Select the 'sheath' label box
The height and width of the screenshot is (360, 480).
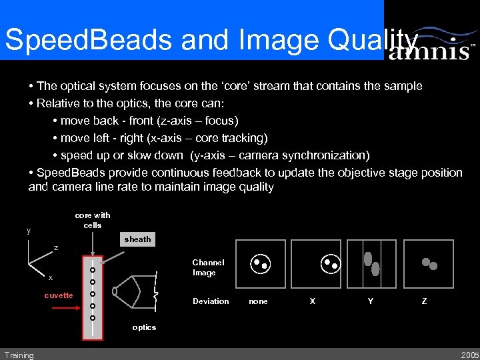(137, 239)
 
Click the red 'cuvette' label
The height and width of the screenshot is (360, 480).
(59, 295)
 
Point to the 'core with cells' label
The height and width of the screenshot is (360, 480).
(93, 220)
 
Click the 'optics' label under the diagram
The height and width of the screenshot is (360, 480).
(144, 327)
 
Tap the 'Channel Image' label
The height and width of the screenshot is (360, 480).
(208, 267)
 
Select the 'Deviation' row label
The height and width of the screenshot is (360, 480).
(211, 301)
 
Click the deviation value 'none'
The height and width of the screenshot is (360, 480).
(258, 301)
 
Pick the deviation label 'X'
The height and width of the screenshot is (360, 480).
(313, 301)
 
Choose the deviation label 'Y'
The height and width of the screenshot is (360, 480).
(371, 301)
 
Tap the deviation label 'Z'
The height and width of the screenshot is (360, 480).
(424, 301)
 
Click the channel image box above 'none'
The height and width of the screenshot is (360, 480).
(260, 264)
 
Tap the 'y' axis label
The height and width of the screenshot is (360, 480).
(28, 231)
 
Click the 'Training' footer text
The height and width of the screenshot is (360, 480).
(19, 355)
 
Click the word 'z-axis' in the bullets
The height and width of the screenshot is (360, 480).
(175, 121)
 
